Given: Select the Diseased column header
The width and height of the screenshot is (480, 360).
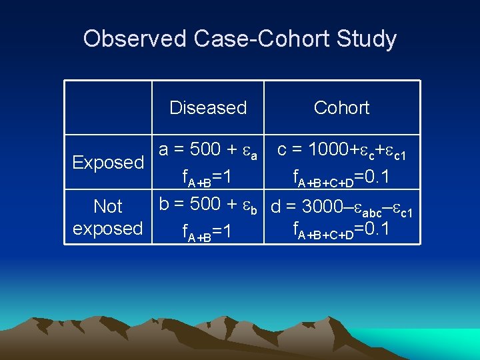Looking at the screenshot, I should [208, 108].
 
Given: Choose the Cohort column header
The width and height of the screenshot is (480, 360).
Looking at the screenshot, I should [341, 108].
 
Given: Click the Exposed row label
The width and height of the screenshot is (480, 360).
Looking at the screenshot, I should [108, 163].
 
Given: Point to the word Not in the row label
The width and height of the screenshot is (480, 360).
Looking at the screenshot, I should [108, 207].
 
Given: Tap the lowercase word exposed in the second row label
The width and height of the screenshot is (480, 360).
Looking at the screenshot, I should [108, 229].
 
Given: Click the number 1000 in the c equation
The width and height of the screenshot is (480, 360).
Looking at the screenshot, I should [329, 150].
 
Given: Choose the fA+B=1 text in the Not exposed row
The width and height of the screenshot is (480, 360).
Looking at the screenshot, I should [207, 232].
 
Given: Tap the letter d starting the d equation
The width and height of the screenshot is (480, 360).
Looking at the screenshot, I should [275, 206].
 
